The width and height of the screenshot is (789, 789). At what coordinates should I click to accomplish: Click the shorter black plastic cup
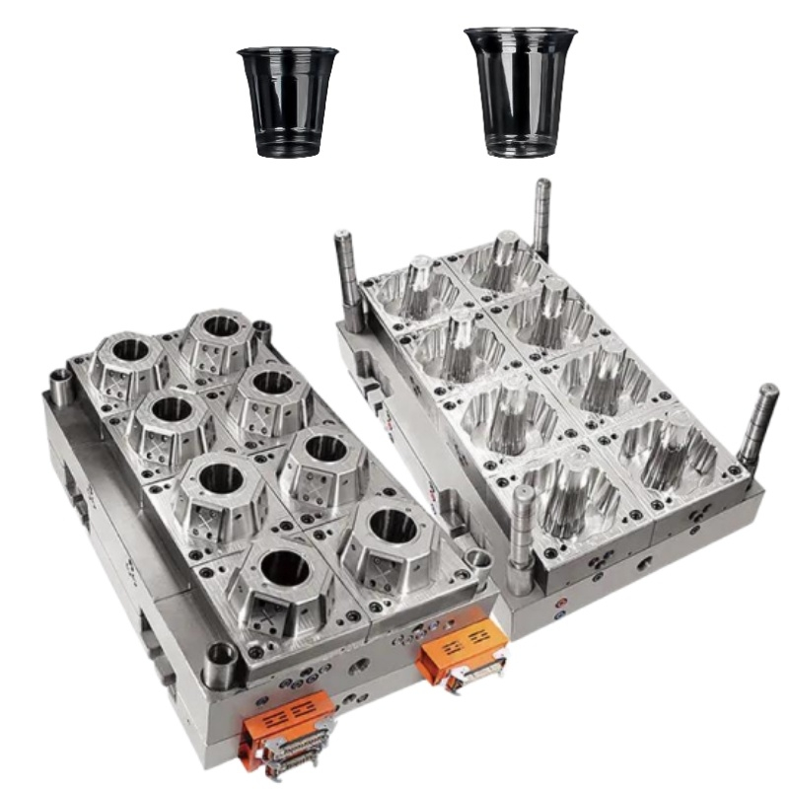[x=287, y=102]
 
